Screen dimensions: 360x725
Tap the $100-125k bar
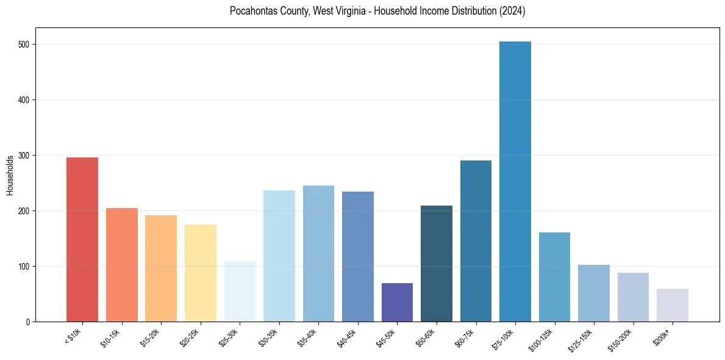[554, 277]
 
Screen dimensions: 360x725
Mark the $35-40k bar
[318, 253]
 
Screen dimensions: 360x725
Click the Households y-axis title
[10, 175]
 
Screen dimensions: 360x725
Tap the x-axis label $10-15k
[110, 337]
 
